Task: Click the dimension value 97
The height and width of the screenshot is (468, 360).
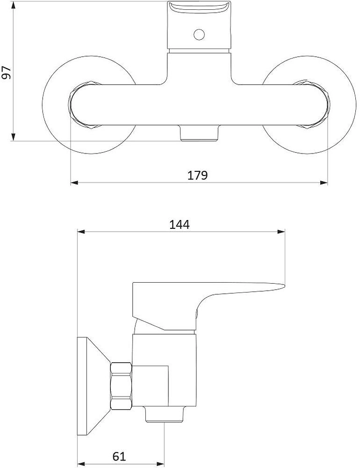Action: click(x=7, y=73)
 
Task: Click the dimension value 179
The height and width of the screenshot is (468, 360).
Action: click(x=197, y=175)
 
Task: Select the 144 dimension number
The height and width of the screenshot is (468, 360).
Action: click(x=179, y=225)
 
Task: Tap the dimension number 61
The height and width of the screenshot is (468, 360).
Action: click(x=119, y=456)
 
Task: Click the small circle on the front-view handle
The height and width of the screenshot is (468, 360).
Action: click(x=199, y=34)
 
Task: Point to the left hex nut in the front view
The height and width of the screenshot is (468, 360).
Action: click(x=84, y=105)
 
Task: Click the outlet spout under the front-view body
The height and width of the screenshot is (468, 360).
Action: click(x=199, y=133)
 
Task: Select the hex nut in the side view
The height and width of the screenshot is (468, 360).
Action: click(x=121, y=386)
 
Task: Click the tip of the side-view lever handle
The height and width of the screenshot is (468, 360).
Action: click(x=285, y=286)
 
